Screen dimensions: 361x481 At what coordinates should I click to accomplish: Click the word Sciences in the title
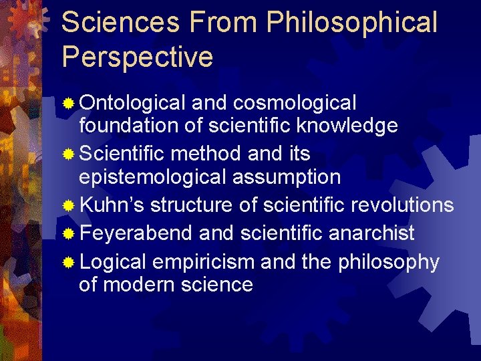click(120, 22)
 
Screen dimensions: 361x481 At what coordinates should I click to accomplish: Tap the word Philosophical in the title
click(352, 22)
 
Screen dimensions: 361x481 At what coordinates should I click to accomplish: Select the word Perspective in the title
click(138, 57)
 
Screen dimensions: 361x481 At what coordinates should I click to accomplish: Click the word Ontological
click(132, 103)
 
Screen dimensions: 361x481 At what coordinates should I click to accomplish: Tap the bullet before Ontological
click(69, 104)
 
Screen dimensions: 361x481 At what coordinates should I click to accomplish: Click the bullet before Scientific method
click(69, 154)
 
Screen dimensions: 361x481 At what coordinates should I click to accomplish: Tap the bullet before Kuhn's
click(69, 206)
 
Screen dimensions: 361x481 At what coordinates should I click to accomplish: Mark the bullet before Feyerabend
click(69, 234)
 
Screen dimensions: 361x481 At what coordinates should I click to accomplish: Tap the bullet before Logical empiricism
click(69, 263)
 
